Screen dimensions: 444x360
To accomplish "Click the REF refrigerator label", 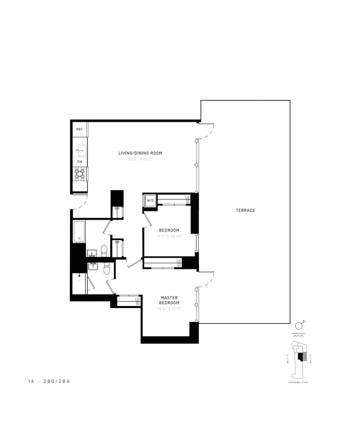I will coord(80,129).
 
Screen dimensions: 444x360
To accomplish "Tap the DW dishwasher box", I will coord(80,162).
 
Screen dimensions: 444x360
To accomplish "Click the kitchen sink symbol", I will coord(80,150).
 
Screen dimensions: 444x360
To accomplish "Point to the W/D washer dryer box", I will coord(150,201).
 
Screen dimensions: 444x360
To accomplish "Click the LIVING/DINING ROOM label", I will coord(140,153).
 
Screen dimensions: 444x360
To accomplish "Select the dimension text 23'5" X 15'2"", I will coord(140,159).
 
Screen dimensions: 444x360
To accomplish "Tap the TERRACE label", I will coord(245,210).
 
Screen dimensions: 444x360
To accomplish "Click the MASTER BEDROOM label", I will coord(169,300).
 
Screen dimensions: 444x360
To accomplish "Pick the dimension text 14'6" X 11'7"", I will coord(169,309).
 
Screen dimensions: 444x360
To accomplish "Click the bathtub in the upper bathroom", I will coord(79,231).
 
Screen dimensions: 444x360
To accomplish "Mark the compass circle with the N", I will coord(298,325).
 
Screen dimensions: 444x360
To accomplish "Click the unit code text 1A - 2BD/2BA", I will coord(48,381).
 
